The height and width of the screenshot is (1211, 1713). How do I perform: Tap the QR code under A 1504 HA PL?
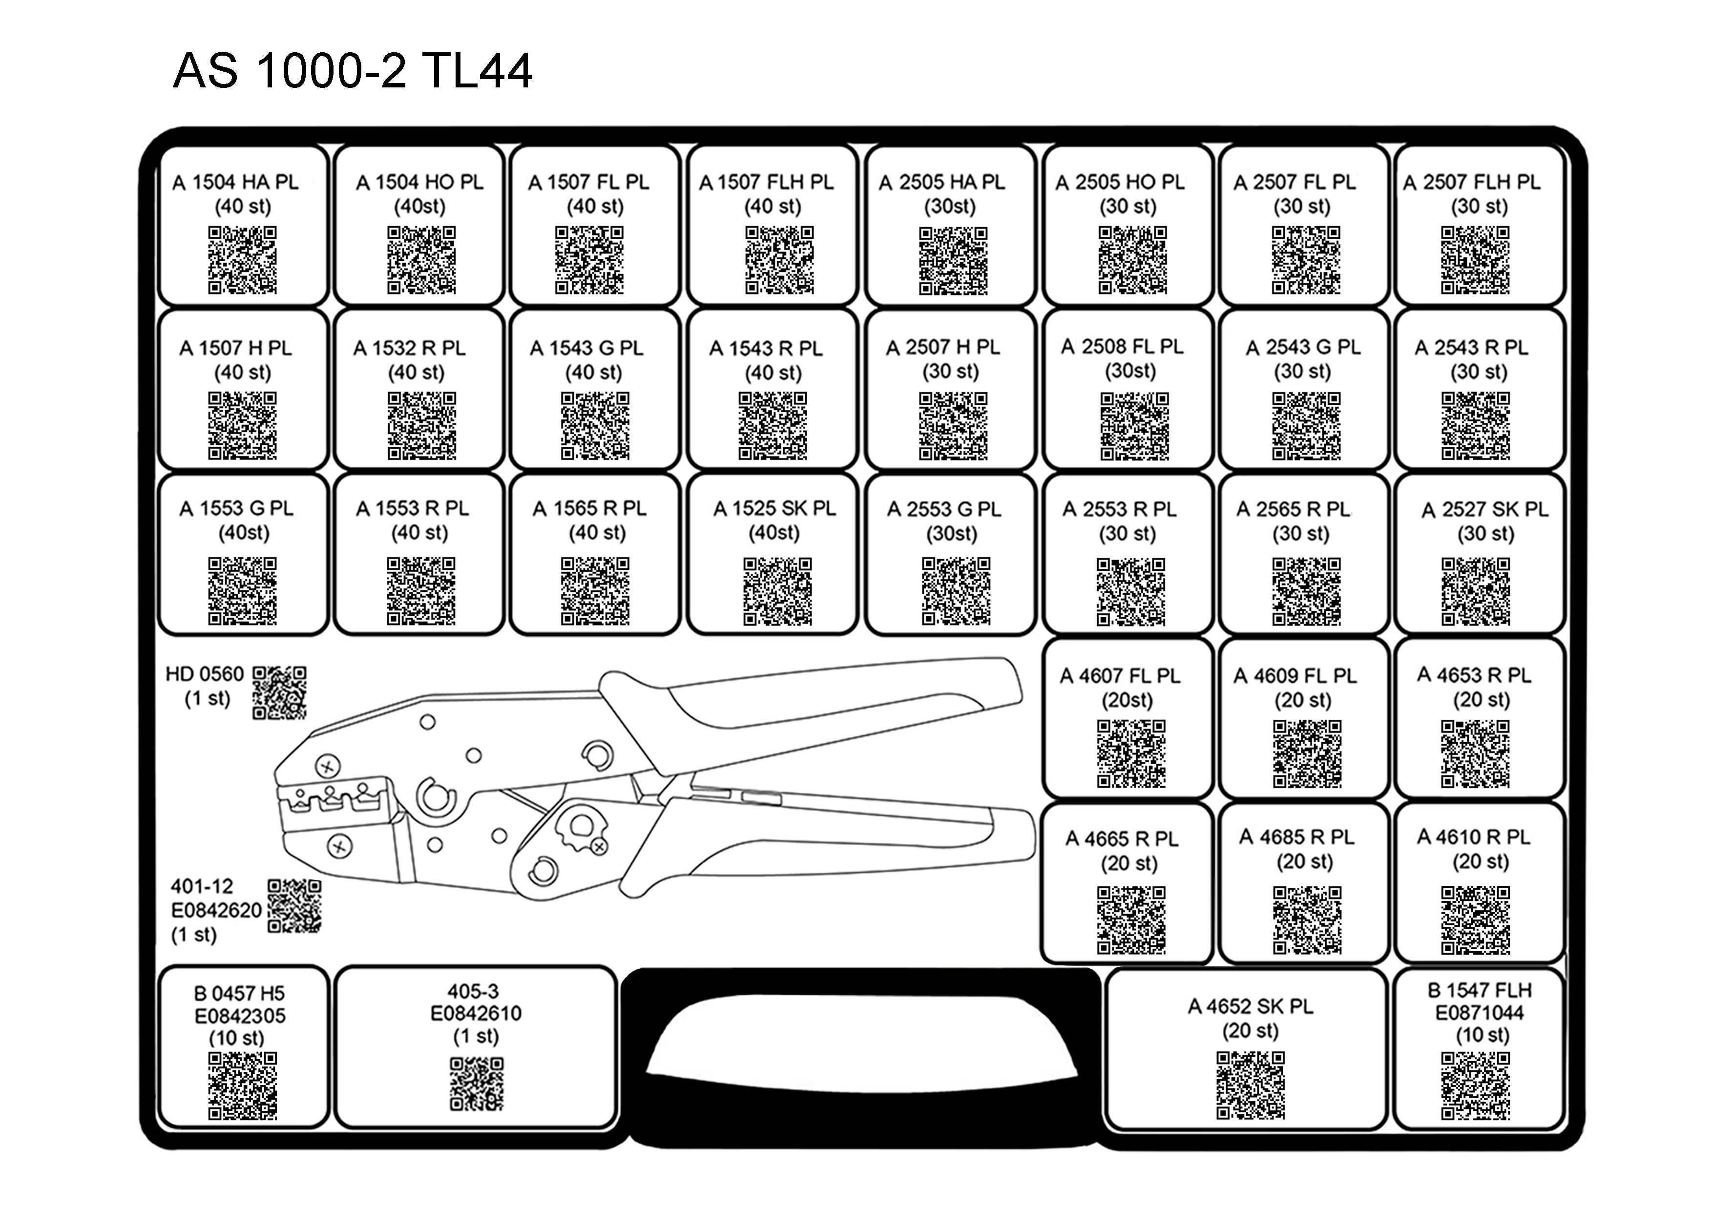tap(243, 260)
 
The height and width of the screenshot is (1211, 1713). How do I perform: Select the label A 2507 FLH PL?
tap(1471, 182)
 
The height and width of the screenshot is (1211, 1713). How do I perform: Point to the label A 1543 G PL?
tap(586, 348)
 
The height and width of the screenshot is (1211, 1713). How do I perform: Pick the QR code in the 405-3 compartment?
tap(477, 1084)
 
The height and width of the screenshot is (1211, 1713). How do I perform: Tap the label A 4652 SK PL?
tap(1251, 1006)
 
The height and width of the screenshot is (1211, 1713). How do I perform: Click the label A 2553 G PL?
tap(945, 509)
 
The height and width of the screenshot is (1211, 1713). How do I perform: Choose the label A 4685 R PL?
tap(1296, 837)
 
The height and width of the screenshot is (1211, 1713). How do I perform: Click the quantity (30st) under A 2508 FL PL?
tap(1130, 371)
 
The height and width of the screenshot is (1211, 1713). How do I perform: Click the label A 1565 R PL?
tap(589, 508)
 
